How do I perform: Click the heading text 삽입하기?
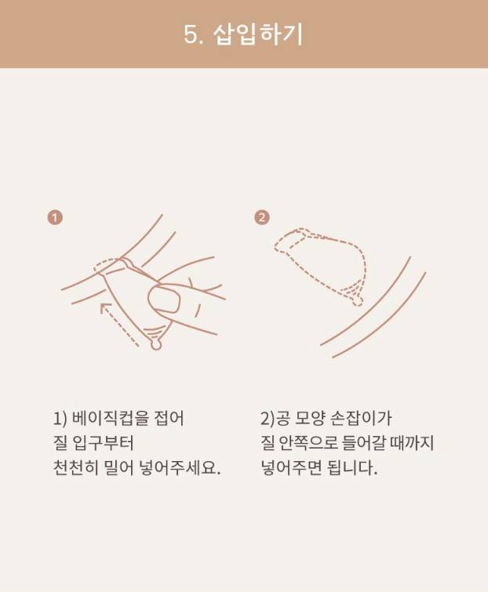[x=258, y=35]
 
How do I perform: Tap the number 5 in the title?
[x=191, y=35]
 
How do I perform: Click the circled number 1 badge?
[x=55, y=218]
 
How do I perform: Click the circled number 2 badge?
[x=262, y=217]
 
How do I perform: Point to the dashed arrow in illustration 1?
[x=119, y=325]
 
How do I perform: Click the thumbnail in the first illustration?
[x=163, y=299]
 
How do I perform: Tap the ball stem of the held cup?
[x=155, y=344]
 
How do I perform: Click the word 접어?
[x=169, y=418]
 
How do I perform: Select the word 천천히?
[x=75, y=468]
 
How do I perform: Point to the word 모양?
[x=308, y=418]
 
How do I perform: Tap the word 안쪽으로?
[x=308, y=443]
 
